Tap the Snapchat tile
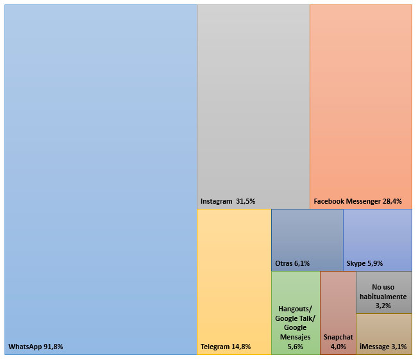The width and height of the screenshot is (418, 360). [338, 301]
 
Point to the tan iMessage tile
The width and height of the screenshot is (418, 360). [384, 330]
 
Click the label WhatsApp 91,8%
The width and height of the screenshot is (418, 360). [36, 347]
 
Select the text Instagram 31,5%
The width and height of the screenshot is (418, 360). [228, 201]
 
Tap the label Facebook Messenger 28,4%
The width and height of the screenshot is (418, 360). [358, 201]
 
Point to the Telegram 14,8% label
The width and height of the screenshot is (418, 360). [226, 347]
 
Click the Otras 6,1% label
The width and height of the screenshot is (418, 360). [292, 263]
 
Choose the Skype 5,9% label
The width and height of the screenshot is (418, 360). [365, 263]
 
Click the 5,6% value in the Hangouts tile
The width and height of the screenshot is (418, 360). [295, 347]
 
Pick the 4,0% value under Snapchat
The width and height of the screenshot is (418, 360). [338, 347]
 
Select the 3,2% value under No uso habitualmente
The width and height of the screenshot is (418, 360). [383, 306]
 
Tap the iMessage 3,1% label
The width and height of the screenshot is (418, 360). [383, 347]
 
